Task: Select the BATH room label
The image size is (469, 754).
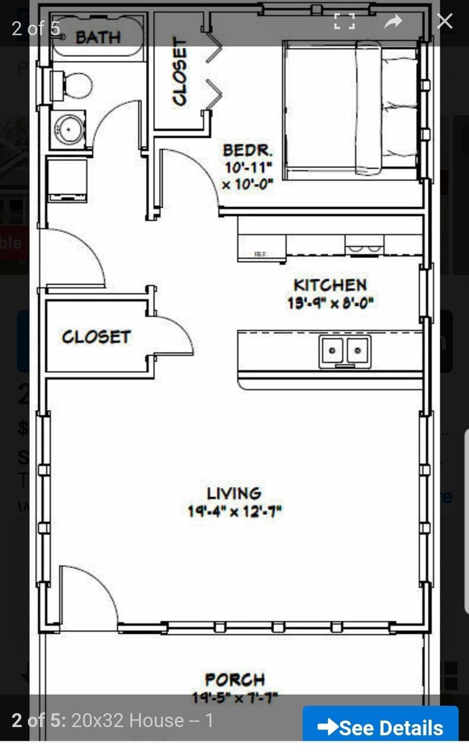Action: pyautogui.click(x=97, y=38)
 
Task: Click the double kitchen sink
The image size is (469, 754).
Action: pyautogui.click(x=345, y=351)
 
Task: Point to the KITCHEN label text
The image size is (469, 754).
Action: pyautogui.click(x=329, y=286)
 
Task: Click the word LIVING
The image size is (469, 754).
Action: pyautogui.click(x=234, y=493)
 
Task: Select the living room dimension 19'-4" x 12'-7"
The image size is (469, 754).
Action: pyautogui.click(x=235, y=511)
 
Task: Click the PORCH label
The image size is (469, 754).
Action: pyautogui.click(x=235, y=679)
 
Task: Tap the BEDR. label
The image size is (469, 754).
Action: pyautogui.click(x=247, y=150)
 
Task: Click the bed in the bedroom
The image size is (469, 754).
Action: pyautogui.click(x=352, y=109)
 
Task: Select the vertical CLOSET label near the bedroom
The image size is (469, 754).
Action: pyautogui.click(x=180, y=72)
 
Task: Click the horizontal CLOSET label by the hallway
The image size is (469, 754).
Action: pyautogui.click(x=96, y=337)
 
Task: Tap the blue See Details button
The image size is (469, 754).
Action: pyautogui.click(x=380, y=728)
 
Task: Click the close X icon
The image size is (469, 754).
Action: pyautogui.click(x=444, y=22)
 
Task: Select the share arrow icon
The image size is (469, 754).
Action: pyautogui.click(x=393, y=22)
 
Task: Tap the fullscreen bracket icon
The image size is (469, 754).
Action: pyautogui.click(x=344, y=22)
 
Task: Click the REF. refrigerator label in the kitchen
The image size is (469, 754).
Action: pyautogui.click(x=260, y=254)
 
